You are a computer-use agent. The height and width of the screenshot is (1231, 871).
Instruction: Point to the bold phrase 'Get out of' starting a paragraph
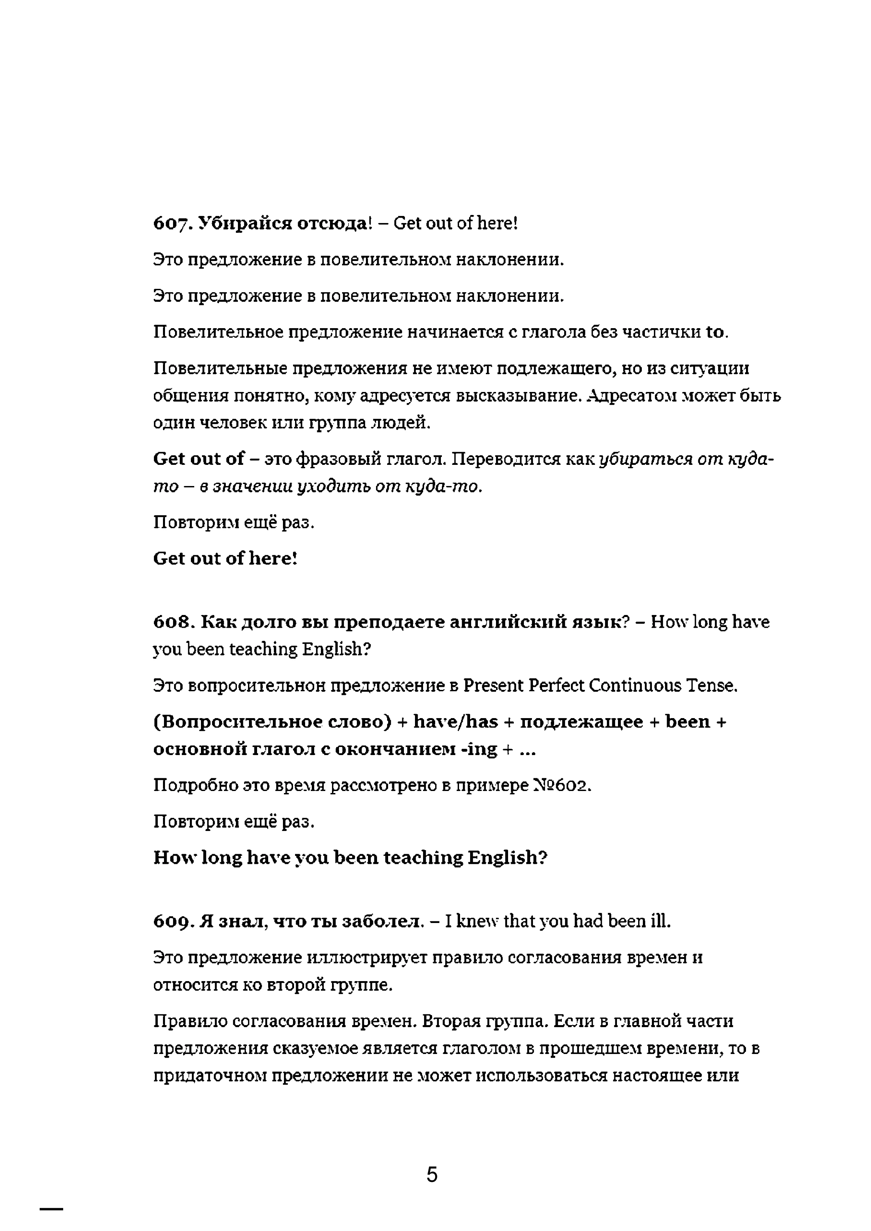pos(199,459)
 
